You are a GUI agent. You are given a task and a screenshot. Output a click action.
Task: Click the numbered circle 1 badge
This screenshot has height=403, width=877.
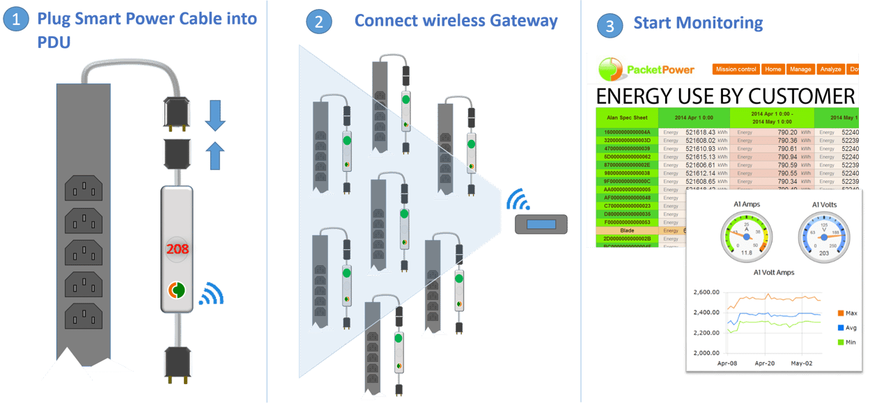15,19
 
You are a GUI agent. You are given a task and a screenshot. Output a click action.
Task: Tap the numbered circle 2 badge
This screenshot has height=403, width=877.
319,21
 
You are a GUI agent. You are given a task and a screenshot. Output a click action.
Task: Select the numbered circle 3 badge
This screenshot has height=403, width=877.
610,26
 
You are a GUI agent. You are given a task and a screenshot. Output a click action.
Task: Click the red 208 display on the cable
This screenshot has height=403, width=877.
178,248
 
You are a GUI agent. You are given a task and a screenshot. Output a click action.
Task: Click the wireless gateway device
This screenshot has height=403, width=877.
541,224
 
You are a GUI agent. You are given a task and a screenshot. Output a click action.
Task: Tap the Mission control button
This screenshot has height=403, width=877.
736,70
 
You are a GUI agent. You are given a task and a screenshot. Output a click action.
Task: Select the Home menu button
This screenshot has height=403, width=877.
773,70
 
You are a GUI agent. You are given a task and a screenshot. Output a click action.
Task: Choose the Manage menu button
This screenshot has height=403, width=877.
800,70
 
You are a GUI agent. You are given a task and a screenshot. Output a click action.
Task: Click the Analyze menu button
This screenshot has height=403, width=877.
830,70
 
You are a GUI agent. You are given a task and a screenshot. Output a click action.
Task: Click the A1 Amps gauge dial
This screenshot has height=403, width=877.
746,235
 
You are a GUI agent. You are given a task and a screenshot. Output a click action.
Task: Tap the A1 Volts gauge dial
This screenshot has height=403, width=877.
823,235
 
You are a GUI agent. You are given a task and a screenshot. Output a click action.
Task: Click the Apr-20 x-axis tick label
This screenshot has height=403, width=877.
764,363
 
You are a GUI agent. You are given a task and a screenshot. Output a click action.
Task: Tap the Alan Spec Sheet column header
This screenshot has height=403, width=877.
627,118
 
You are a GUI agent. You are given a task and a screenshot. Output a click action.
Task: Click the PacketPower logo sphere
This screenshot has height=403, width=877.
610,70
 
